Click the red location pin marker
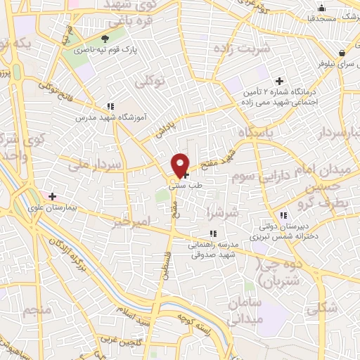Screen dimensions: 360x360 [181, 165]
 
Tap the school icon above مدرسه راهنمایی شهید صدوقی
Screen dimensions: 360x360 [212, 233]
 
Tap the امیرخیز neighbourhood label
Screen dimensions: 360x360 [131, 222]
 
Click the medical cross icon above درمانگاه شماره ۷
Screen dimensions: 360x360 [280, 81]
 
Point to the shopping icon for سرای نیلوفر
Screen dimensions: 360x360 [342, 53]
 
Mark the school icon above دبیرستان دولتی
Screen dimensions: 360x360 [282, 215]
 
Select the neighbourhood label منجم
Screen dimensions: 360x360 [37, 309]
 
